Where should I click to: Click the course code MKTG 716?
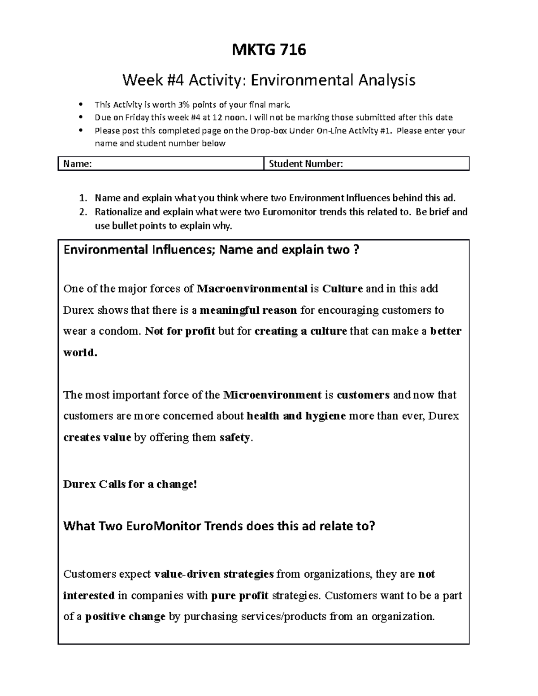269,50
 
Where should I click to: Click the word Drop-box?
269,131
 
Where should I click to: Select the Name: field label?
78,164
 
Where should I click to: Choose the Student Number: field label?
306,164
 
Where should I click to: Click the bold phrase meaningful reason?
248,310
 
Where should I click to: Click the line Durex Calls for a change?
130,484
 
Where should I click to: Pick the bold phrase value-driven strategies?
214,574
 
